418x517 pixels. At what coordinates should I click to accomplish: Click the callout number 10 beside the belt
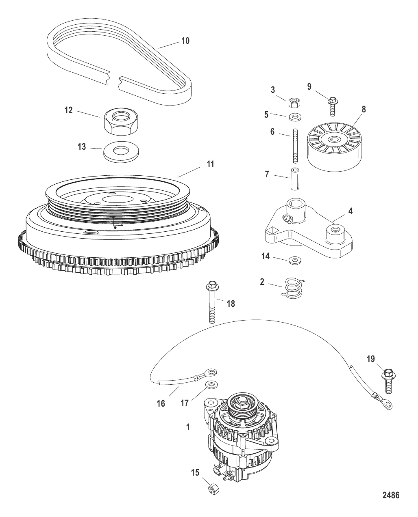coord(185,41)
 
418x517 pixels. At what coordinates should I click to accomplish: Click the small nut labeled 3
coord(294,103)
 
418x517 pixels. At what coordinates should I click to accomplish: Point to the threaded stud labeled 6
coord(296,146)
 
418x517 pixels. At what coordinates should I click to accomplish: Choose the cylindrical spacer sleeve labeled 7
coord(295,179)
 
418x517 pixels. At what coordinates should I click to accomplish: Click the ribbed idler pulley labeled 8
coord(335,147)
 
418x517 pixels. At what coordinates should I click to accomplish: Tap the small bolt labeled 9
coord(332,106)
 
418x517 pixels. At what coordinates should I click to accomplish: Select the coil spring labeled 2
coord(292,288)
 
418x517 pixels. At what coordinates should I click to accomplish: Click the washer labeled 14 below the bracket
coord(295,261)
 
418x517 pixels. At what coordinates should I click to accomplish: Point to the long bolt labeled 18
coord(212,302)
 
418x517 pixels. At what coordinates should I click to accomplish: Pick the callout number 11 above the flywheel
coord(210,164)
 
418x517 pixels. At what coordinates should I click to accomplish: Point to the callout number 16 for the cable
coord(161,403)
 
